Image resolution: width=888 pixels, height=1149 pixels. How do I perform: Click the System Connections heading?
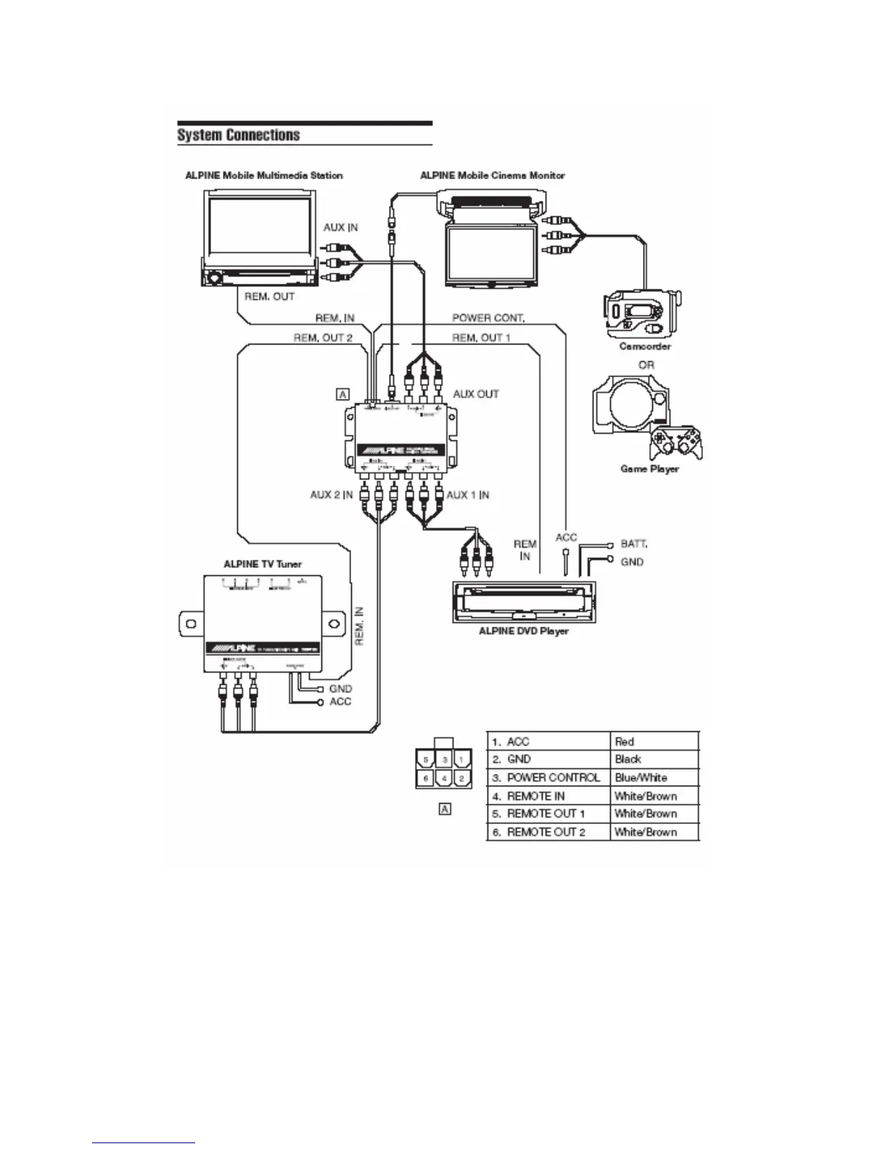pos(239,136)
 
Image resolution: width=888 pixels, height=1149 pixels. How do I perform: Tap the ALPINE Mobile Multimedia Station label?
pos(264,176)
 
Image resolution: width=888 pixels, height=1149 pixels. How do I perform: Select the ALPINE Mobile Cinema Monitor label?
pos(493,176)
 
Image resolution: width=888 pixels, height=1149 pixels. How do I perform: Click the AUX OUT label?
pos(476,394)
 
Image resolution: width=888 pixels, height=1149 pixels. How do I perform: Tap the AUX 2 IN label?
pos(332,495)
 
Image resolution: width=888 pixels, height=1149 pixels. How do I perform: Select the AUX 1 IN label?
pos(467,495)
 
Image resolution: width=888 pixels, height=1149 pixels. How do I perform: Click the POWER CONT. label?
pos(489,318)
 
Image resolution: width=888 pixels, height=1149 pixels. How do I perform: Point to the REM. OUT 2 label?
pos(323,338)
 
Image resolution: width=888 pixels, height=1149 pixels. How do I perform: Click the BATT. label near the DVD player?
pos(635,543)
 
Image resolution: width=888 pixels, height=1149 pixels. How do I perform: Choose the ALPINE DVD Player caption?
pos(524,631)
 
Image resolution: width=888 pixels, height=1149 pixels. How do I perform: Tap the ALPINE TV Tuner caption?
pos(263,564)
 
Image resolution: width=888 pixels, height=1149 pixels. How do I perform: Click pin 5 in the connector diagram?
pos(427,760)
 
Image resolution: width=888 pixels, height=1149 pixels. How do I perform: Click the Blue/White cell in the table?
pos(641,778)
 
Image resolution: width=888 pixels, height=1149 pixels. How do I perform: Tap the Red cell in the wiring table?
pos(625,741)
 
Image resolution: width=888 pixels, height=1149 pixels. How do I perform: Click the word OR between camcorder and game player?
pos(646,365)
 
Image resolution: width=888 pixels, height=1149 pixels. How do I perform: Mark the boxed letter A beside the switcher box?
pos(342,394)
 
